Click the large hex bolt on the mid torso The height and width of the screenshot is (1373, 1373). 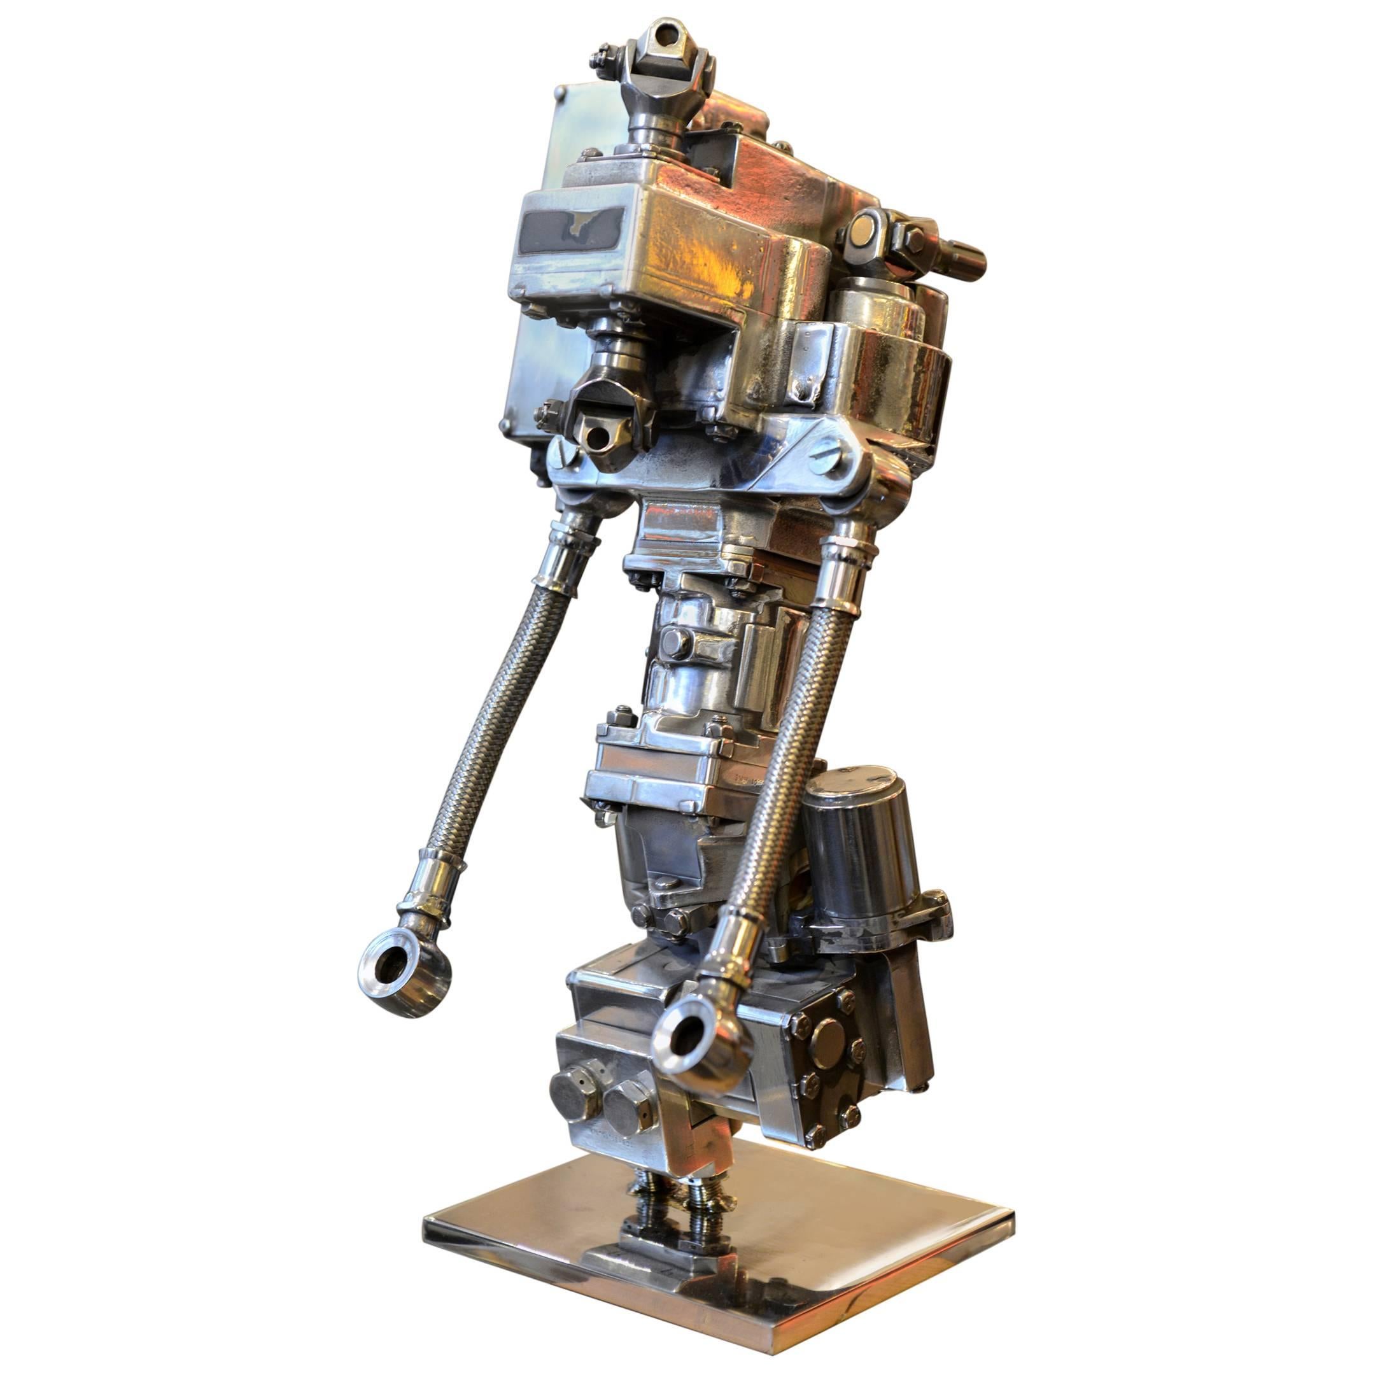[x=675, y=642]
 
